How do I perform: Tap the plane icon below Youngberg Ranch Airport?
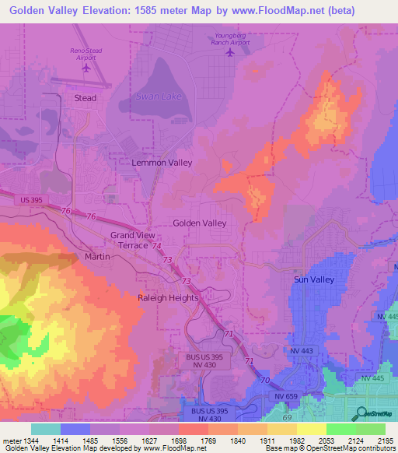pos(229,53)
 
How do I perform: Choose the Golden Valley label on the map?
pos(200,223)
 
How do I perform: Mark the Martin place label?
pos(97,256)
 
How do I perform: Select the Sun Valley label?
pos(313,279)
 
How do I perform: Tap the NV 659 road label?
pos(286,396)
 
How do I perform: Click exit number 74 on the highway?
pos(157,245)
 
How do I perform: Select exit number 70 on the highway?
pos(265,381)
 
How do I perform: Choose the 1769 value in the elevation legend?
pos(187,440)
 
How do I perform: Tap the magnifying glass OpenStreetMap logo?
pos(360,413)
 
